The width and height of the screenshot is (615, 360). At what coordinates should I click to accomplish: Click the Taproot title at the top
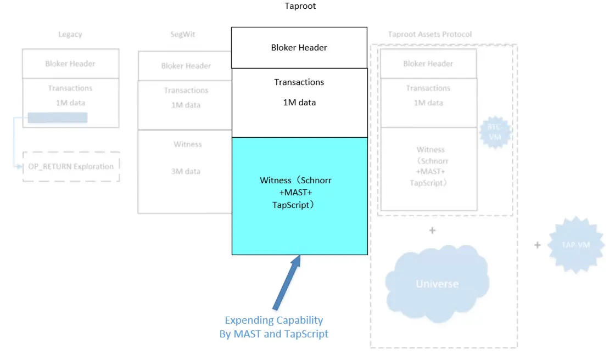coord(300,6)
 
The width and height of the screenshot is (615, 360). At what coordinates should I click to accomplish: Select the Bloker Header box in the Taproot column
coord(299,48)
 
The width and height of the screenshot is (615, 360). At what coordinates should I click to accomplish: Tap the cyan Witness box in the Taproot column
coord(299,196)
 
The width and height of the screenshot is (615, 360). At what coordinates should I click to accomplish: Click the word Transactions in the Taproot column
coord(299,82)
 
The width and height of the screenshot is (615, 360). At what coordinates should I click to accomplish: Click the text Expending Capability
coord(273,320)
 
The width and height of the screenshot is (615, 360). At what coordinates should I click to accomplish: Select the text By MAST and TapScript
coord(273,334)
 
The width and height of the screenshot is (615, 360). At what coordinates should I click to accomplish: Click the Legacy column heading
coord(70,35)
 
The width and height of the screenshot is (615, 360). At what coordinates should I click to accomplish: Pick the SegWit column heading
coord(182,35)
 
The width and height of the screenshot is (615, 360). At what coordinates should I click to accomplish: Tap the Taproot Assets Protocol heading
coord(430,35)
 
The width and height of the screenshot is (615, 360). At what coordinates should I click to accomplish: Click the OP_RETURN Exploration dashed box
coord(71,166)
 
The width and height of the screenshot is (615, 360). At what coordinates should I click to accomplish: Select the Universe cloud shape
coord(437,283)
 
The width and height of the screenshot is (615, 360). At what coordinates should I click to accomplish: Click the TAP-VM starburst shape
coord(577,245)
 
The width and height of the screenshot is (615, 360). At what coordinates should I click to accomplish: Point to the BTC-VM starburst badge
coord(495,132)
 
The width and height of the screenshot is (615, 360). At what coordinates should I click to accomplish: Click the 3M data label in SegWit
coord(185,171)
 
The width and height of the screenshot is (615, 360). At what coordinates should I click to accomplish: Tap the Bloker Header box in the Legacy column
coord(70,64)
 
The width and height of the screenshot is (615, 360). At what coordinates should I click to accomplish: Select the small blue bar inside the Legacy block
coord(57,117)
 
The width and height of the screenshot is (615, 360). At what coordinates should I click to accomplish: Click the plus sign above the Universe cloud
coord(432,230)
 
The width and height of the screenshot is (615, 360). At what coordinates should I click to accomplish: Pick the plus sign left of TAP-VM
coord(538,245)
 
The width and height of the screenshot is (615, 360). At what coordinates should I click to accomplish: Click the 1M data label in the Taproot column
coord(299,103)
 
